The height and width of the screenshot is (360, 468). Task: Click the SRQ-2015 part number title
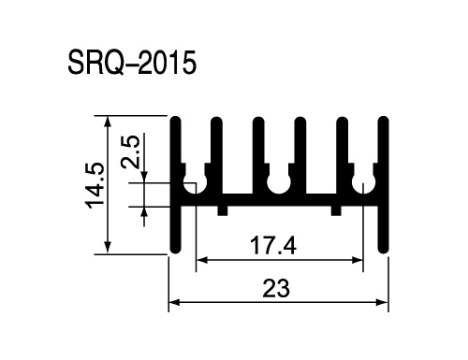tap(132, 63)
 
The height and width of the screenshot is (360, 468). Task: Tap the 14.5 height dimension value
tap(95, 185)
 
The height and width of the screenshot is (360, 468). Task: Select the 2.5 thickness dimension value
tap(130, 151)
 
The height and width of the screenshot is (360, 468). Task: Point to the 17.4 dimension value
tap(273, 246)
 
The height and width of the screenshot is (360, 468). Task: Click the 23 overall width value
tap(276, 288)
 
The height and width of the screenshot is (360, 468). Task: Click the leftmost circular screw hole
tap(195, 184)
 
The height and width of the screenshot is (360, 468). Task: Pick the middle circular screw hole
tap(279, 184)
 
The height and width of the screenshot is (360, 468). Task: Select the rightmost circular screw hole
tap(363, 184)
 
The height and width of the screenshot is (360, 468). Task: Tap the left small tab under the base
tap(223, 210)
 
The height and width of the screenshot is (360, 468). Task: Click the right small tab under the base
tap(336, 210)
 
